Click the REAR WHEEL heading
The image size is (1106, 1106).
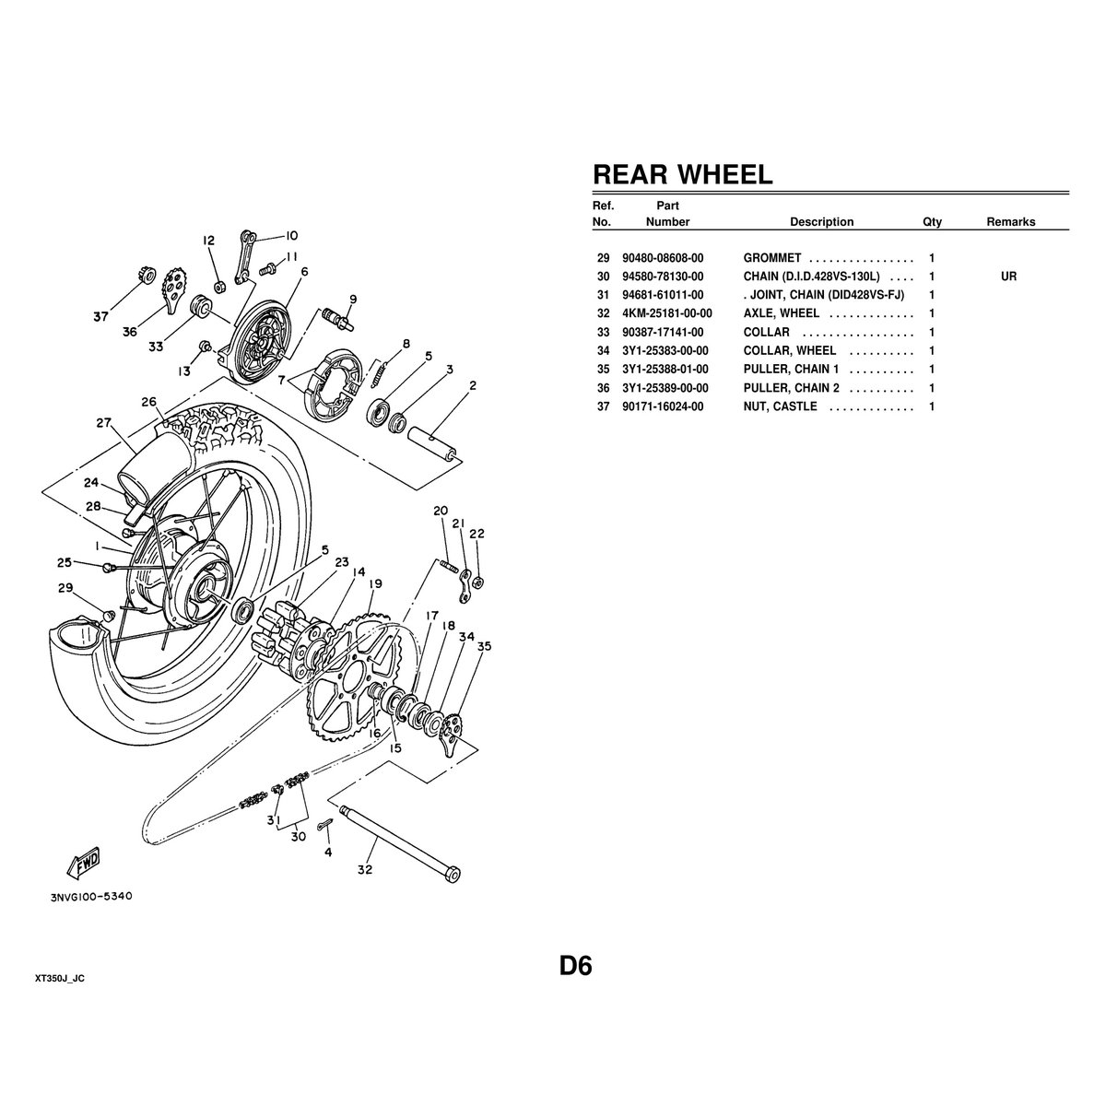[x=682, y=174]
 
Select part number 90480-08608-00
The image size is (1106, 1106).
[x=662, y=258]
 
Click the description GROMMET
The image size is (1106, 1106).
[x=772, y=258]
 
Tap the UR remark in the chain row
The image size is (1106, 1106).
[x=1008, y=276]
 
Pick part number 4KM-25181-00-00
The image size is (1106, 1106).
[x=666, y=313]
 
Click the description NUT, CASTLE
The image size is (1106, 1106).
[x=780, y=406]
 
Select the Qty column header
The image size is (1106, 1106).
[x=932, y=222]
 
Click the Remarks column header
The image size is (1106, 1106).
[x=1010, y=222]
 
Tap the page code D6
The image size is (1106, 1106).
[x=575, y=966]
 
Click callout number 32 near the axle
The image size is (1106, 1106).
[x=365, y=869]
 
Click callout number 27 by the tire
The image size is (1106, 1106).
[x=103, y=423]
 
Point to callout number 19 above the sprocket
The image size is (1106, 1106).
[x=375, y=583]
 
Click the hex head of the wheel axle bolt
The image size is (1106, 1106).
[x=452, y=873]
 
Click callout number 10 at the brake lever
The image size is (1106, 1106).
[x=279, y=235]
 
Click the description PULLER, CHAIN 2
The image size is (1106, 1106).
[x=791, y=388]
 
